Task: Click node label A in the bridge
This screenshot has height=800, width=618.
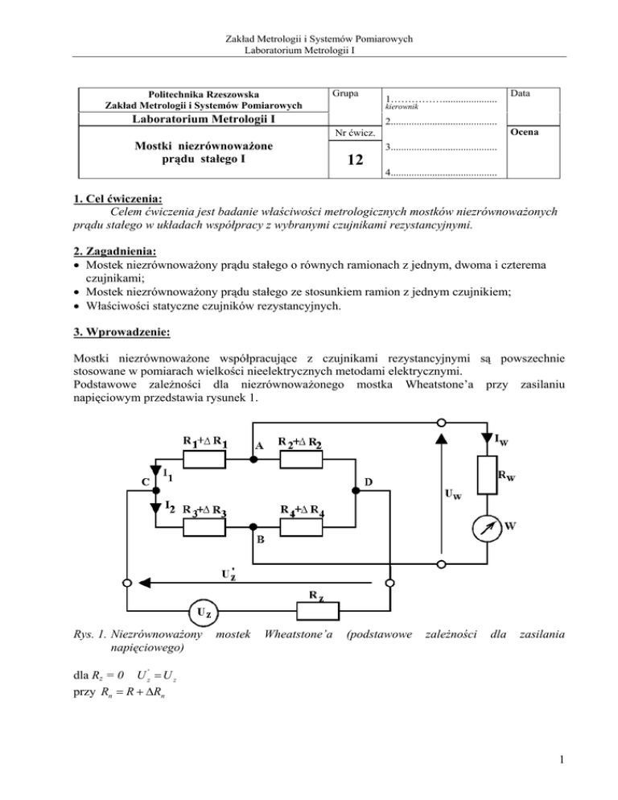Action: (x=259, y=445)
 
